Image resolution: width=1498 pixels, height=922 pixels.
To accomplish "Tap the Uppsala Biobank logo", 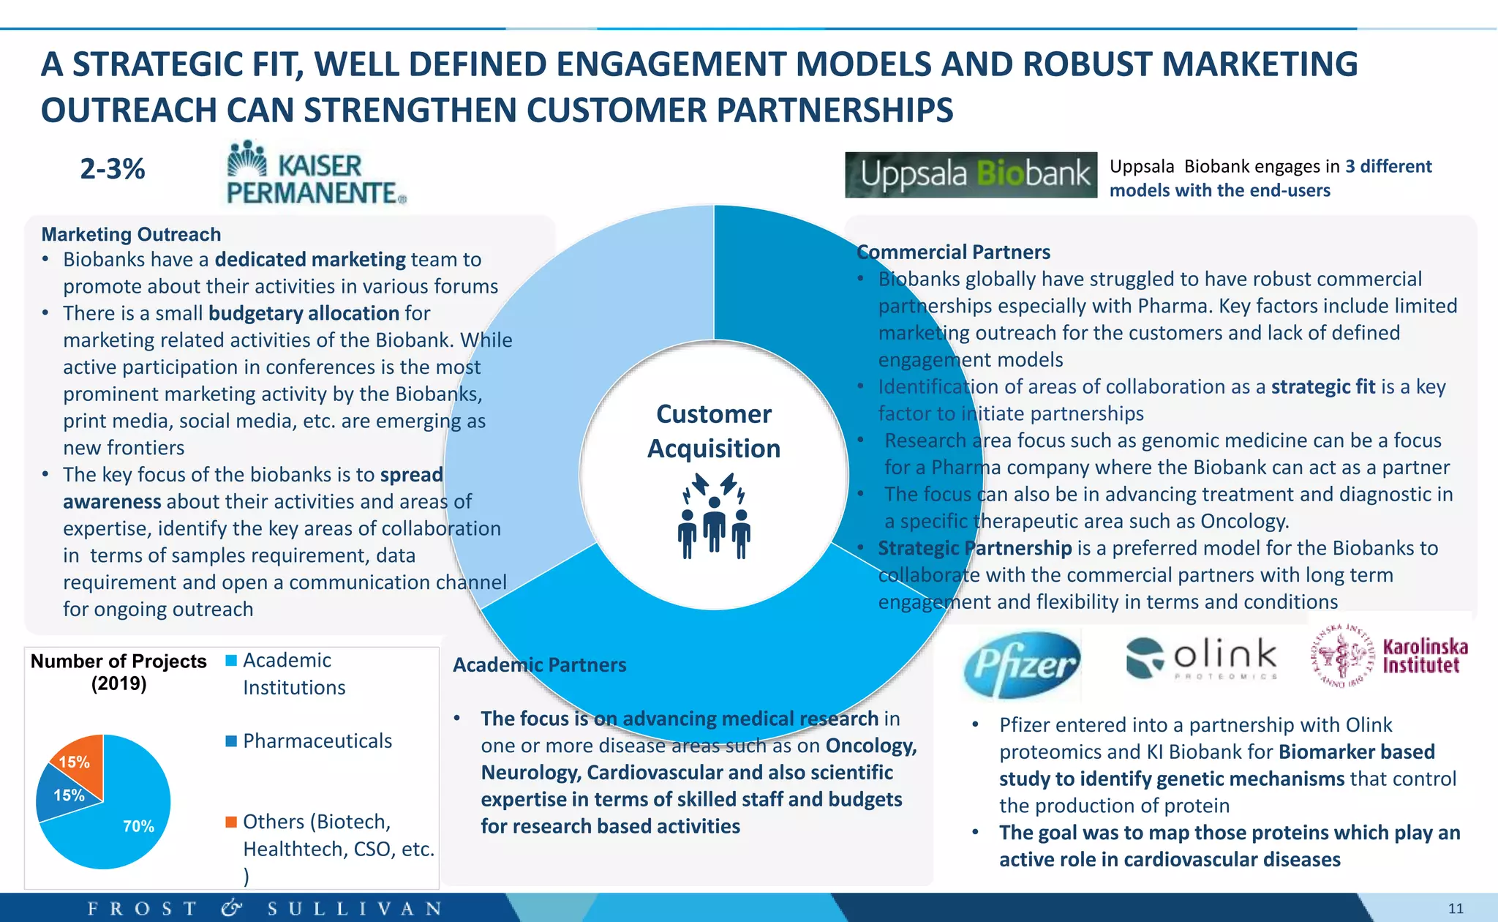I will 971,175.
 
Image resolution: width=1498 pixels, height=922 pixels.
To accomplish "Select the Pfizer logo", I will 1021,664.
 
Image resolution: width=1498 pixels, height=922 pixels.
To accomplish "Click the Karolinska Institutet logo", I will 1389,656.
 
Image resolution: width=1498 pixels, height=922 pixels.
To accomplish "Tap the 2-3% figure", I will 113,169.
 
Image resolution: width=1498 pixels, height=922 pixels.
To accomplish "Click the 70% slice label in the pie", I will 138,826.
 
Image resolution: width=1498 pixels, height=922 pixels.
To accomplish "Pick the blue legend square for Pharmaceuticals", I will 231,741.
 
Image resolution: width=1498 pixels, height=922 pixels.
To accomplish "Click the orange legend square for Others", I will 231,822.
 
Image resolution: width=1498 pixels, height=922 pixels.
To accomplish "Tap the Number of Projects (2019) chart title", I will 118,672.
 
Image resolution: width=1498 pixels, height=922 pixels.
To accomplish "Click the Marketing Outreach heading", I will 131,234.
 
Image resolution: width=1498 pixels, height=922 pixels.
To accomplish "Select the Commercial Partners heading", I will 954,252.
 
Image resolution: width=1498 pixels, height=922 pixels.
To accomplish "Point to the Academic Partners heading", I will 540,664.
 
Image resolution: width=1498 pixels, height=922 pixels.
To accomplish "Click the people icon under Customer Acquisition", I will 714,516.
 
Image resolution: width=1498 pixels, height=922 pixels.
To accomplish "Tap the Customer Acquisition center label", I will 714,431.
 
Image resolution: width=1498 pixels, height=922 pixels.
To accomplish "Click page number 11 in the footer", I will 1456,909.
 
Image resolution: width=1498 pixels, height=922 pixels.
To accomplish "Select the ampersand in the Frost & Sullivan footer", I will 232,908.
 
